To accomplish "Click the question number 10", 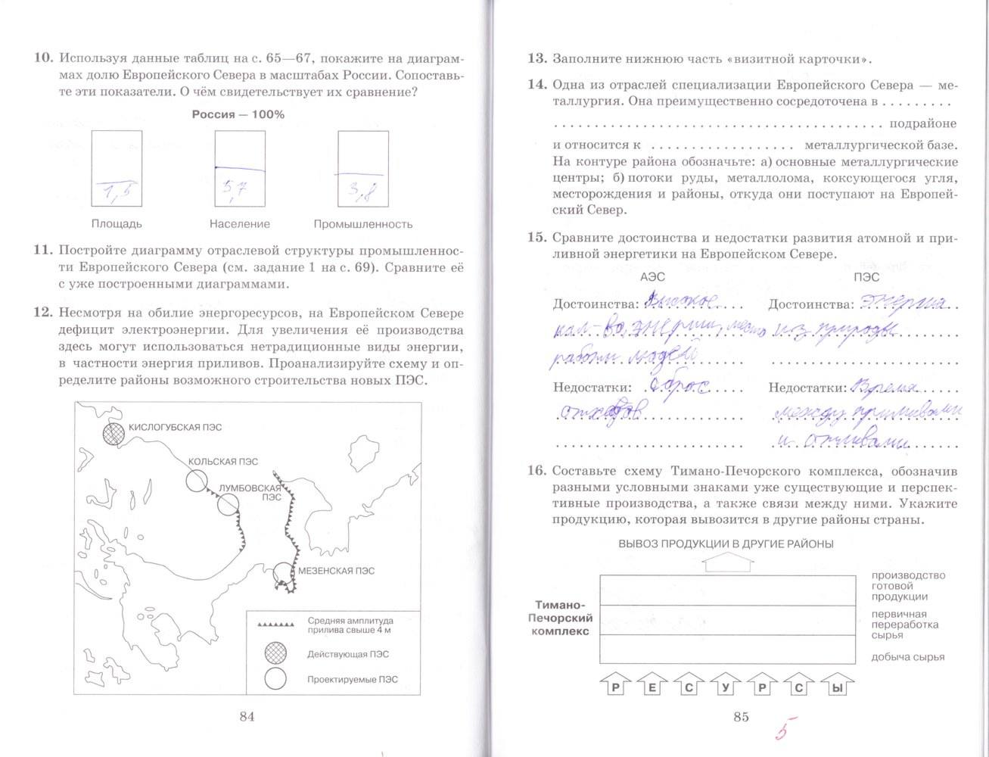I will point(44,58).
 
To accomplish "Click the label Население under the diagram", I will point(240,224).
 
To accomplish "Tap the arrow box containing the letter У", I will point(726,687).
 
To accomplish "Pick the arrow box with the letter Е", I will point(653,687).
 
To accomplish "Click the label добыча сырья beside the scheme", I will point(907,657).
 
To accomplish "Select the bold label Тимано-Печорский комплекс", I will point(561,618).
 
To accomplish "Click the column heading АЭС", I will point(652,278).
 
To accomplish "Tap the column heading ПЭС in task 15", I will point(866,278).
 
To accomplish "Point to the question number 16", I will point(536,470).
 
